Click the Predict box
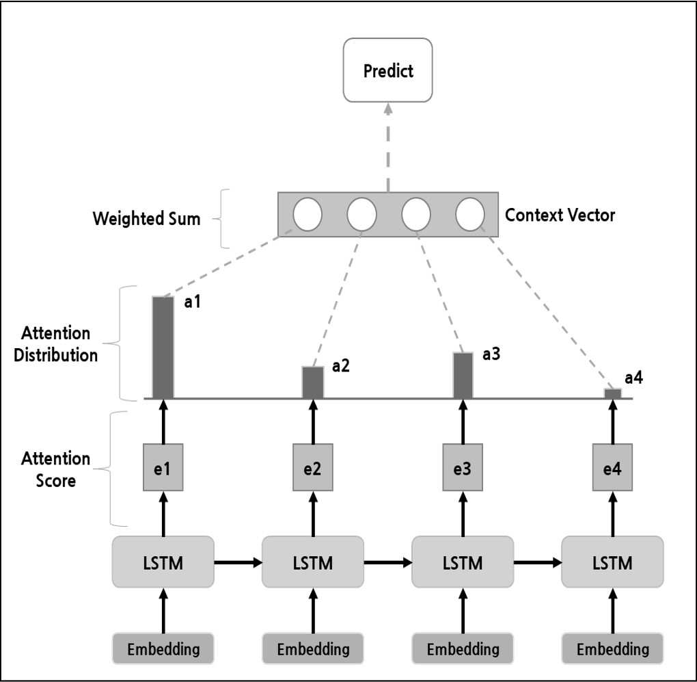click(387, 70)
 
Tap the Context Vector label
click(560, 215)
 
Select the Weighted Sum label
click(147, 218)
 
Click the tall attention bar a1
click(163, 347)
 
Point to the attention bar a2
click(313, 382)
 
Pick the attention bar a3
click(463, 376)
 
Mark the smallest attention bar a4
click(612, 394)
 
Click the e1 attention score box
click(163, 467)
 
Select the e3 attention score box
click(463, 467)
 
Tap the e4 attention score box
click(612, 467)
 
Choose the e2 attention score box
click(313, 467)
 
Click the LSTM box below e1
click(163, 562)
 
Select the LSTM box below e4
click(612, 562)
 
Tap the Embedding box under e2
click(313, 648)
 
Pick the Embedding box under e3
click(463, 648)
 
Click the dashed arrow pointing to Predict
click(388, 148)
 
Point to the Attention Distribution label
click(55, 344)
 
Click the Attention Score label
click(55, 469)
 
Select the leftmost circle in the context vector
click(307, 214)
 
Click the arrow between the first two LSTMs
click(238, 563)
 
